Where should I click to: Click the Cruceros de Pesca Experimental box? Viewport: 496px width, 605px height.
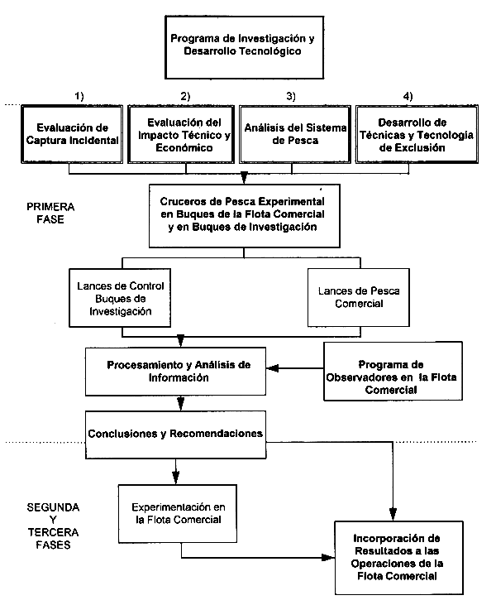click(x=243, y=215)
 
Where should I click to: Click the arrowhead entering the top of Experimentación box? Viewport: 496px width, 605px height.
click(x=177, y=478)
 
